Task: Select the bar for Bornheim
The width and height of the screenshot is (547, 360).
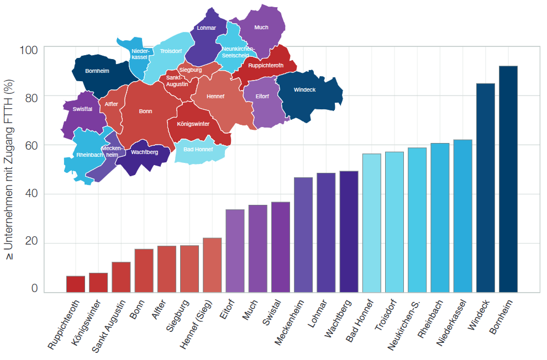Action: click(x=508, y=179)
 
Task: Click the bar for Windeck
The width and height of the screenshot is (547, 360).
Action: click(x=485, y=188)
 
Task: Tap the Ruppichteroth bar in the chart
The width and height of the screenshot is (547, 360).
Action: click(x=76, y=284)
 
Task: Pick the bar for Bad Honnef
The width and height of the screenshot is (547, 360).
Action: click(x=372, y=223)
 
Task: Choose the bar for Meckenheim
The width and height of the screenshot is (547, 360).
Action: click(x=303, y=235)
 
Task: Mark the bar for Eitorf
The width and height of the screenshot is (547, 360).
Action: click(x=235, y=251)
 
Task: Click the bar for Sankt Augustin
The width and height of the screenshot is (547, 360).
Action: click(x=121, y=277)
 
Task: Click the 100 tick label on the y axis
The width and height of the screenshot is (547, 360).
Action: click(x=28, y=50)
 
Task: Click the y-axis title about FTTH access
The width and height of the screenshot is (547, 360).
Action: click(x=9, y=171)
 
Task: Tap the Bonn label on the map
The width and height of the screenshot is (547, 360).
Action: click(x=145, y=112)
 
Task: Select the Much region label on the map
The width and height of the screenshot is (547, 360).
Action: click(x=261, y=28)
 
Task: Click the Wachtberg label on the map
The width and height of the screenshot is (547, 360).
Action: click(x=145, y=152)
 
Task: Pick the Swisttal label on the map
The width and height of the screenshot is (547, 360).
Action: click(x=82, y=109)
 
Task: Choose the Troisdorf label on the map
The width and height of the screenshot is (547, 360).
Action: click(x=171, y=51)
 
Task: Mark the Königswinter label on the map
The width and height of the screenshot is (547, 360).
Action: click(x=193, y=124)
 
